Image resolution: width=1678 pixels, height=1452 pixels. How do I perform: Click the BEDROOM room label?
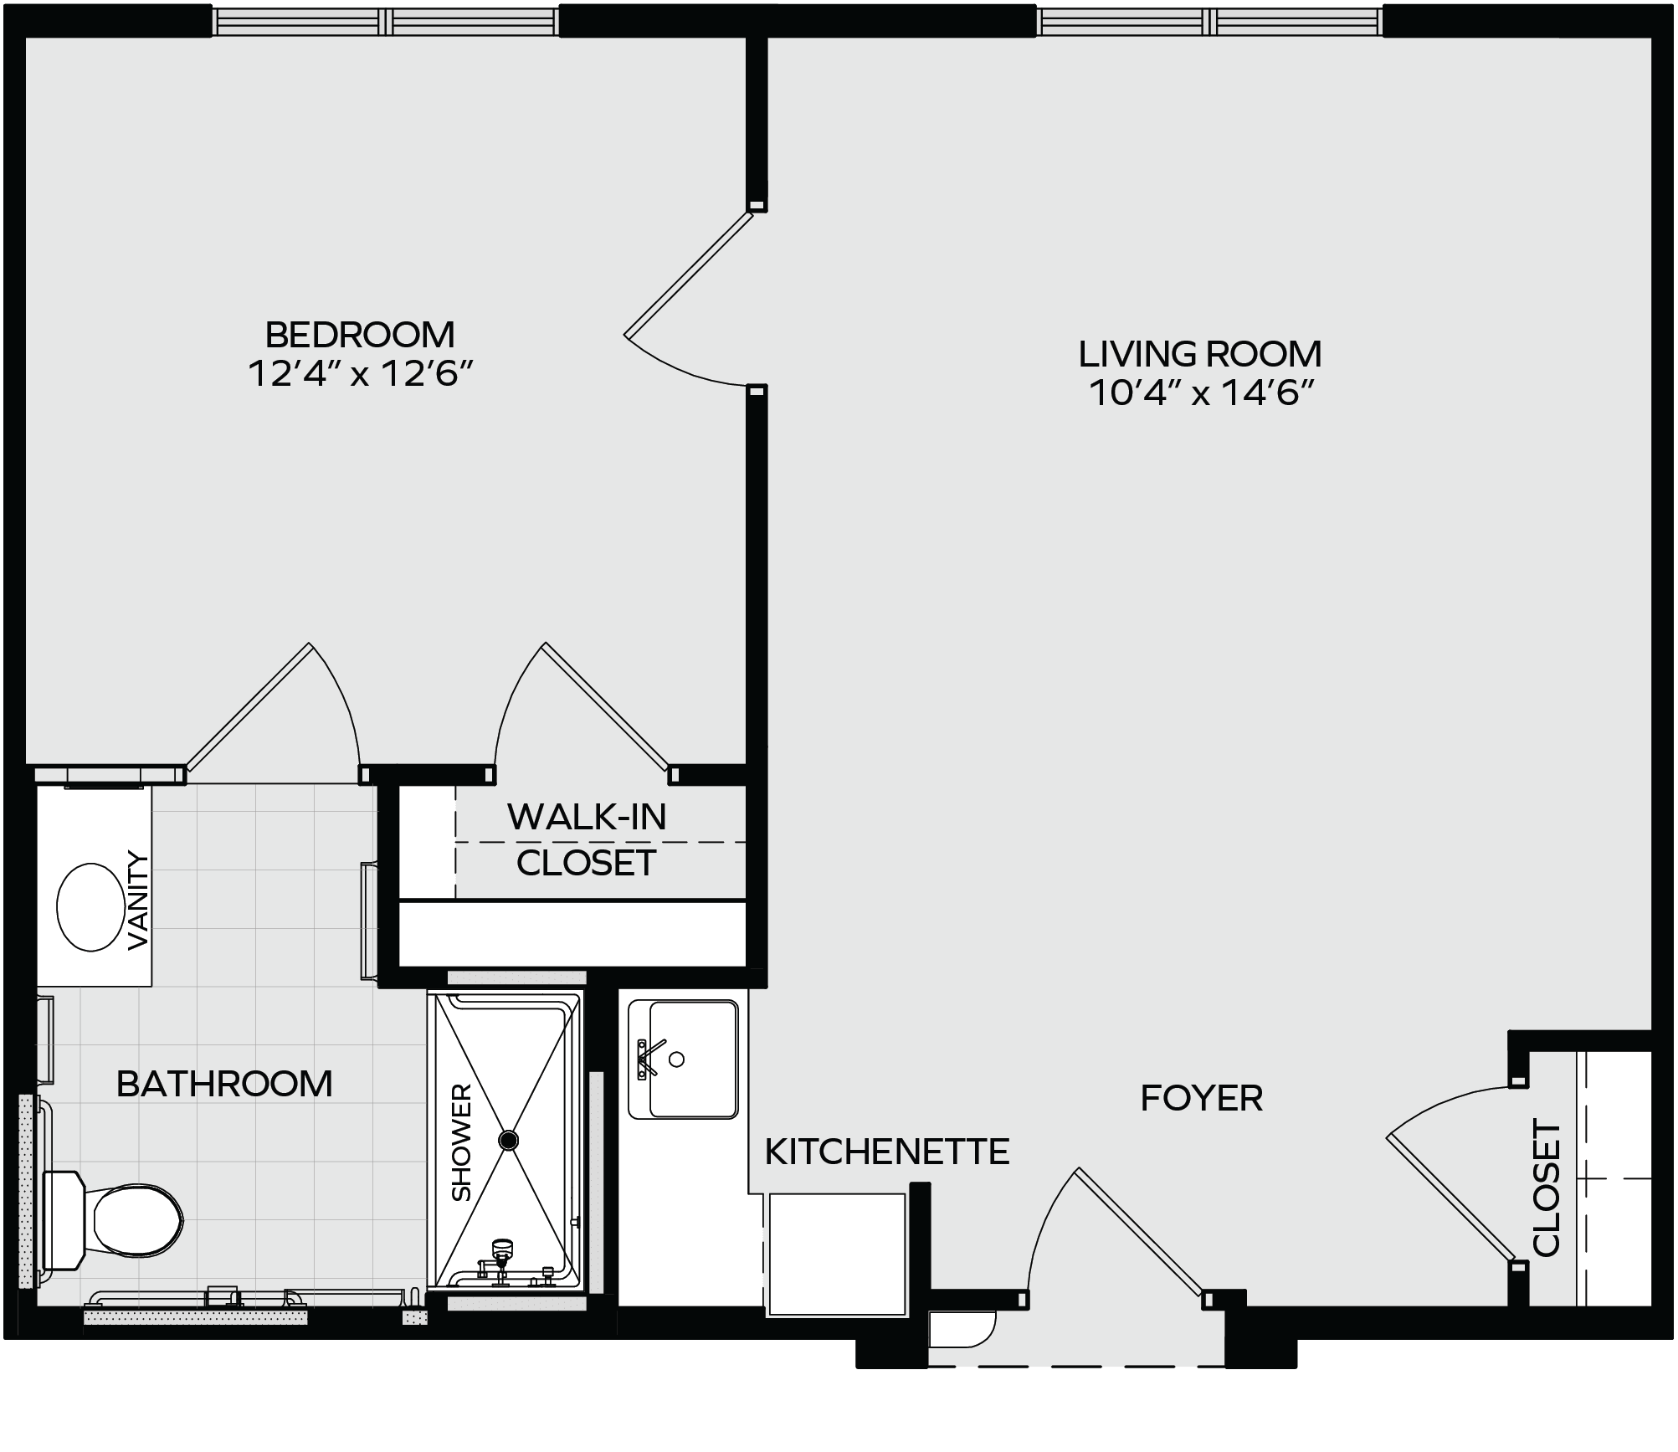[360, 335]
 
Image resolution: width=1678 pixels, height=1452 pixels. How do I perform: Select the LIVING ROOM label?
[1200, 354]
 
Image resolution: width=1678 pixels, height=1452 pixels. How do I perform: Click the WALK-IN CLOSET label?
[587, 839]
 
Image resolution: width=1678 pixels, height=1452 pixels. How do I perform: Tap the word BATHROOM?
[224, 1084]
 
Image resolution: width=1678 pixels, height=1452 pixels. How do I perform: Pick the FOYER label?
[1202, 1098]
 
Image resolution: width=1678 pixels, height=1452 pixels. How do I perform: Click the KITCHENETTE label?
[887, 1152]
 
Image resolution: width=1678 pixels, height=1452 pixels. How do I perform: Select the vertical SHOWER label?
[462, 1142]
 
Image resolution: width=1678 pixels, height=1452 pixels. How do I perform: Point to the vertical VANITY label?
[137, 900]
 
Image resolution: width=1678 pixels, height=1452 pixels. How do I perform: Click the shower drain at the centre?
[508, 1140]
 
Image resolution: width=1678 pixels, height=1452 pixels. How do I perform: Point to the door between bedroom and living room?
[689, 273]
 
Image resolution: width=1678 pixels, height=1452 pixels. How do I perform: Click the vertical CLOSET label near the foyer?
[1547, 1188]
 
